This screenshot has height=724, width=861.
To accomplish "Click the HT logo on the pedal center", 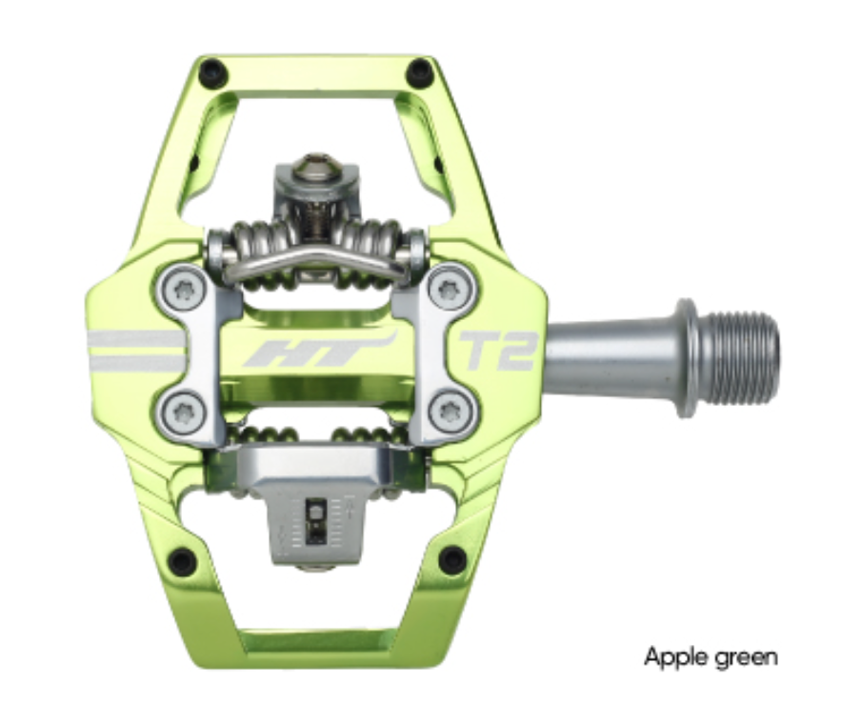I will (x=317, y=351).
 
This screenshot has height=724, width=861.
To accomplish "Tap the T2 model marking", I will (x=497, y=351).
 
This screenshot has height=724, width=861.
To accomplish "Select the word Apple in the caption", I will (x=673, y=656).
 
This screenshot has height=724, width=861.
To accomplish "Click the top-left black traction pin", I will (x=211, y=71).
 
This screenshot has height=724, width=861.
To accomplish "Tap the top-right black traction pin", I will (x=419, y=71).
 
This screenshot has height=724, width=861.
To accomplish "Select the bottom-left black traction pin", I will (x=182, y=561).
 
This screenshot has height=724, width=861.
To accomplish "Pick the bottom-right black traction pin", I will (x=451, y=560).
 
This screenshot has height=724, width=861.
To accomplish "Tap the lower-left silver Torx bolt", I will (x=181, y=412).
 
